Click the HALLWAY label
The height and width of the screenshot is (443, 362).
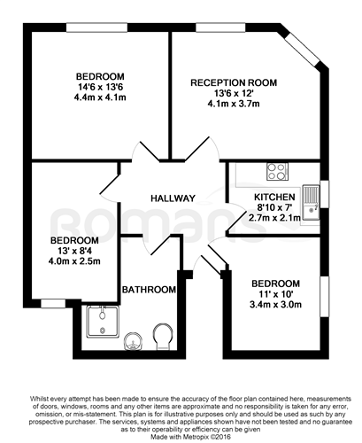(x=173, y=198)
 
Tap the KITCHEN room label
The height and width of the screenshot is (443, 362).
(x=274, y=197)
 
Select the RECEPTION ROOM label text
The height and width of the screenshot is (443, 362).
(x=234, y=82)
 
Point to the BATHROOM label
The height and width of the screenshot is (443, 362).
(x=149, y=290)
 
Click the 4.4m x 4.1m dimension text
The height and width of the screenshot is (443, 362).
(x=100, y=97)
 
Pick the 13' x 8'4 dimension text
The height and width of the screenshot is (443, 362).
(x=74, y=251)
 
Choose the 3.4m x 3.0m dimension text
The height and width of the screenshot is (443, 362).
(x=275, y=305)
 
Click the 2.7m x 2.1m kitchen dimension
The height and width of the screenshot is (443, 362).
(x=274, y=218)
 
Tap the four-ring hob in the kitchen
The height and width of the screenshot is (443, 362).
(x=277, y=172)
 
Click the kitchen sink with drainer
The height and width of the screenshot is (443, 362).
(x=311, y=203)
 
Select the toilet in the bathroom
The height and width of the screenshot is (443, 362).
(x=163, y=337)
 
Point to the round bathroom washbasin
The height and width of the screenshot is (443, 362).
(x=134, y=341)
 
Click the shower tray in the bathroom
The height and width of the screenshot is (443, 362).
(x=103, y=322)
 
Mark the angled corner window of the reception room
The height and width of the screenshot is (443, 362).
(x=304, y=49)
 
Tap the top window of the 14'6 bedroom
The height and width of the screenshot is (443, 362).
(x=96, y=27)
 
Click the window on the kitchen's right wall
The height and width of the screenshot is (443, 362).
(x=324, y=194)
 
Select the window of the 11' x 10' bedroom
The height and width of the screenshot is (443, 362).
(x=325, y=297)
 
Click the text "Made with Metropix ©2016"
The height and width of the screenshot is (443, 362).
(x=191, y=437)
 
